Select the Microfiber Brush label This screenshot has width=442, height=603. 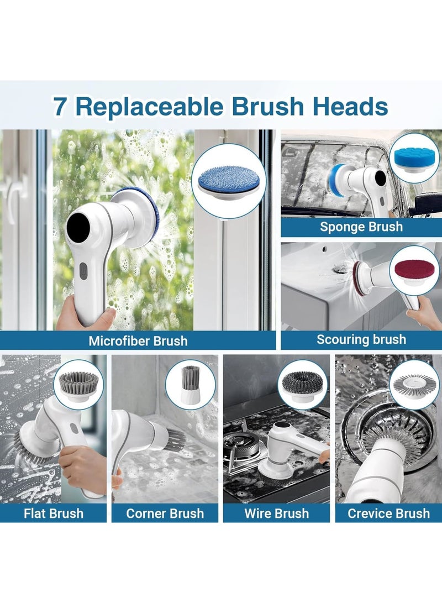(138, 341)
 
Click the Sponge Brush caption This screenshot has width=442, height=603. (361, 227)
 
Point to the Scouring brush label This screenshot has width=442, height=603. (361, 339)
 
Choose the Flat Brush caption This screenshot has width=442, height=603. (54, 513)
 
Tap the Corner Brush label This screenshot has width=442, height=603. (165, 513)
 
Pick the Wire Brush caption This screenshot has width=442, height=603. (276, 513)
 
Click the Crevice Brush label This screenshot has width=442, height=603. (388, 513)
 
